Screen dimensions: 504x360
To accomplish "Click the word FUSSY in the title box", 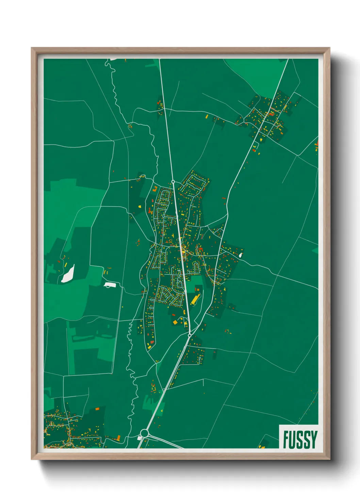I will click(300, 439).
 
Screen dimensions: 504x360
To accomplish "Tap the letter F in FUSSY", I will click(286, 439).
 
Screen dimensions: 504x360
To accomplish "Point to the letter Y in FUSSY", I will click(313, 439).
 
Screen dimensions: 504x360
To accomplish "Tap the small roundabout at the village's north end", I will click(173, 182).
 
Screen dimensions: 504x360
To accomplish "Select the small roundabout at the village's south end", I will click(189, 335).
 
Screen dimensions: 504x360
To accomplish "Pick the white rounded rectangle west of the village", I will click(110, 284).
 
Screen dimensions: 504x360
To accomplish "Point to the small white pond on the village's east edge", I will click(241, 254).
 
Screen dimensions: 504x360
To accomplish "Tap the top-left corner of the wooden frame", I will click(32, 48).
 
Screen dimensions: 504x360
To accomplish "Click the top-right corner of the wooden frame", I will click(329, 48).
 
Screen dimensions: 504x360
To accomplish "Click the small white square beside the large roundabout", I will click(139, 438).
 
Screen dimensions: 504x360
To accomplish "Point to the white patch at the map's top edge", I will click(114, 59).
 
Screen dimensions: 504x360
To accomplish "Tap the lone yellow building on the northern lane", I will click(207, 116).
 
